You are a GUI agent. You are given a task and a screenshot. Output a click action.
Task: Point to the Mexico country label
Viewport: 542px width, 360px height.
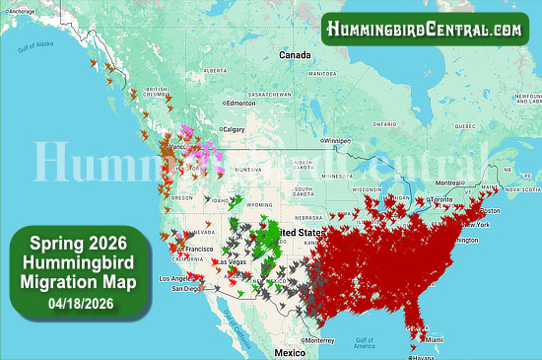(x=291, y=352)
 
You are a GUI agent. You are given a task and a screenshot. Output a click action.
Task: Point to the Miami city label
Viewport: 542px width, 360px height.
(x=433, y=340)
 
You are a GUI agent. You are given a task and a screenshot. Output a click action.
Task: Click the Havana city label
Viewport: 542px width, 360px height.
(x=423, y=357)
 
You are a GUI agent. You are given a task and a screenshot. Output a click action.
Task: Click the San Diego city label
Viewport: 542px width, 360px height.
(x=186, y=289)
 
